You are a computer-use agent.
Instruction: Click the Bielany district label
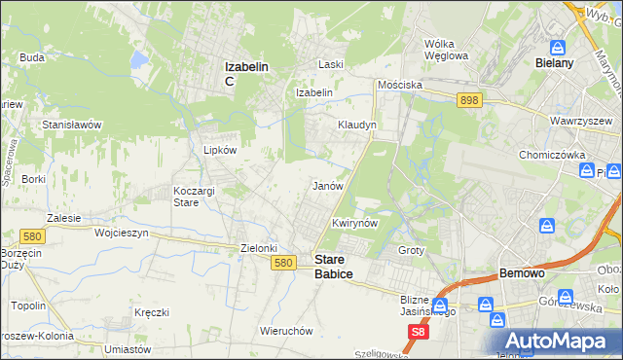click(x=555, y=62)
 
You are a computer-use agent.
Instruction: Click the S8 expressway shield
click(x=418, y=333)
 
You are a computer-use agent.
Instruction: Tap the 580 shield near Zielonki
click(x=283, y=263)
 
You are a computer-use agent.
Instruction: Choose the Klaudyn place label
click(x=357, y=126)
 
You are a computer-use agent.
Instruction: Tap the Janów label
click(x=327, y=185)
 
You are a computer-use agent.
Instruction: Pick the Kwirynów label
click(x=354, y=223)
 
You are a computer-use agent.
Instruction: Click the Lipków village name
click(x=219, y=151)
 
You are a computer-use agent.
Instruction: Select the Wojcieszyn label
click(x=121, y=234)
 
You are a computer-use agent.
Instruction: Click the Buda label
click(x=32, y=57)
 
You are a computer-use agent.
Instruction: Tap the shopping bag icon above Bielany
click(x=558, y=46)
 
